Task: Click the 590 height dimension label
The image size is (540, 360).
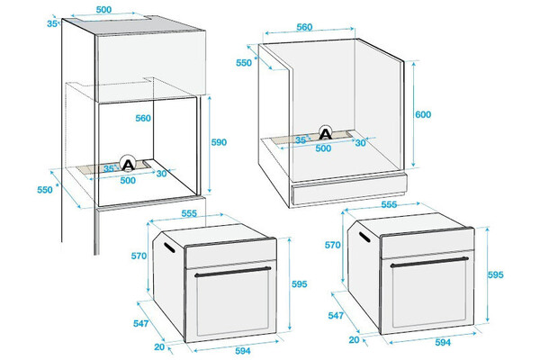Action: (x=219, y=142)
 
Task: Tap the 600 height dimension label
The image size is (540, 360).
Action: (x=423, y=114)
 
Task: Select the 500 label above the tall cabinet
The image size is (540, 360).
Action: (x=103, y=10)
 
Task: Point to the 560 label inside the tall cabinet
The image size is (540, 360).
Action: (x=143, y=118)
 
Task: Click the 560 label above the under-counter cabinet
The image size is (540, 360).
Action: (x=304, y=27)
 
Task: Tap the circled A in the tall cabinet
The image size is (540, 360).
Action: (x=128, y=163)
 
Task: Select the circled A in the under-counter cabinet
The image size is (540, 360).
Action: (x=326, y=133)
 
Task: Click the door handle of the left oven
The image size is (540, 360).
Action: (x=233, y=271)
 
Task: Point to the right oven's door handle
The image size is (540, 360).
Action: (x=429, y=262)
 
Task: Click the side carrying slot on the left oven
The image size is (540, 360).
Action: (x=169, y=247)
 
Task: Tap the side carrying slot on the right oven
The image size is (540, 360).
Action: (x=364, y=238)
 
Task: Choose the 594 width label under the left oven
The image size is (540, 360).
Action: (x=243, y=351)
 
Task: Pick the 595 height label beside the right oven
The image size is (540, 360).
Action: (x=496, y=274)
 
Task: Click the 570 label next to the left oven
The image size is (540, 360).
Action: (x=139, y=256)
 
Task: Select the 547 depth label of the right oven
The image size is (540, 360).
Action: (x=336, y=315)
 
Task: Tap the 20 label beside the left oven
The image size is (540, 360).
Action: (x=159, y=346)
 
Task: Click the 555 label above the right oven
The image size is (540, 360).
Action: (x=389, y=204)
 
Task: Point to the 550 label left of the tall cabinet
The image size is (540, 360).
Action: (x=45, y=190)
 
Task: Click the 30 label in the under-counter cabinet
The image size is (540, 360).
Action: (x=360, y=142)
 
